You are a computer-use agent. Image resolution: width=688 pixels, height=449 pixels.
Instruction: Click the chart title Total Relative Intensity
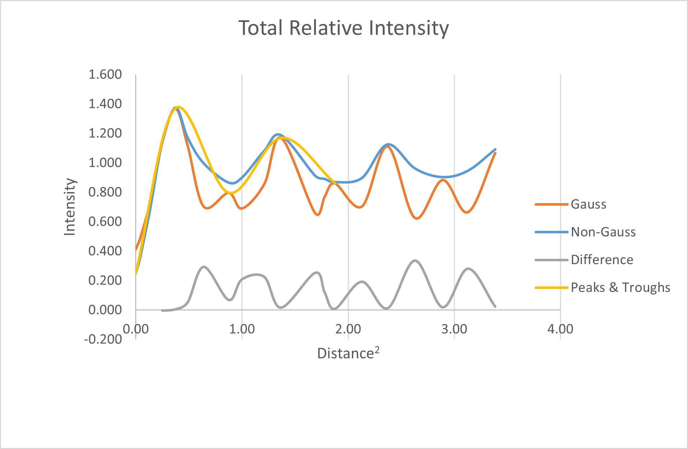[344, 28]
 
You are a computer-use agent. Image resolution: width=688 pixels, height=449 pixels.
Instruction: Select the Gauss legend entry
[570, 204]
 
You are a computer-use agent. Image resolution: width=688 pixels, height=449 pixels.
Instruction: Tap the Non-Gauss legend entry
[585, 232]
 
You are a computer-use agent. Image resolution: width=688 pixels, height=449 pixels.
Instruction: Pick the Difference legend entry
[584, 259]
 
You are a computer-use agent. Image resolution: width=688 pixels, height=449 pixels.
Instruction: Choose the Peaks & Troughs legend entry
[602, 287]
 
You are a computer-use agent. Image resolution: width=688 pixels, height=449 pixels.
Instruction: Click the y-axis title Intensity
[70, 207]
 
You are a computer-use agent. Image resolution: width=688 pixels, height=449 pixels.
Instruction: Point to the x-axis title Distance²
[348, 353]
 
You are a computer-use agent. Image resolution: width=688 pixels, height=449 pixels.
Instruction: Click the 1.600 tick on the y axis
[105, 74]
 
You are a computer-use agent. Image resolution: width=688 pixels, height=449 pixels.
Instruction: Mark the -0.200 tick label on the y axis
[103, 339]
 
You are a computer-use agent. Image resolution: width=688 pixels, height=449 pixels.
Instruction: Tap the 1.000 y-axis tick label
[105, 163]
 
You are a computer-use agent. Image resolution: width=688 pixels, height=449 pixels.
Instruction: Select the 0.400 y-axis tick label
[105, 251]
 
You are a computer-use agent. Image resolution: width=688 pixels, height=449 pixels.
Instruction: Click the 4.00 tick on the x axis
[560, 329]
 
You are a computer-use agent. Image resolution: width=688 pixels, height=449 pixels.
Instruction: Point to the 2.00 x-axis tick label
[348, 329]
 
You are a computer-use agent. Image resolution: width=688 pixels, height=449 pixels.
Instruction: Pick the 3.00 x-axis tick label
[454, 329]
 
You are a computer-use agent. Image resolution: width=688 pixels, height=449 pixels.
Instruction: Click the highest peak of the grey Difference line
[415, 261]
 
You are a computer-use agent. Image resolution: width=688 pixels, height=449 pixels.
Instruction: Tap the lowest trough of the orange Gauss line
[417, 218]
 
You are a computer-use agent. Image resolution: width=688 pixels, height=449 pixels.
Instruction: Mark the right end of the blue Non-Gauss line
[495, 149]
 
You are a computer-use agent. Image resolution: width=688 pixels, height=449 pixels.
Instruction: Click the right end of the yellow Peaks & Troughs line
[335, 183]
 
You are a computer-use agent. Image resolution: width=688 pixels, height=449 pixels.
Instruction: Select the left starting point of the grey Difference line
[162, 310]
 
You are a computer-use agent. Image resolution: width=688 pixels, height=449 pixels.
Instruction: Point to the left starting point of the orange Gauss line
[136, 249]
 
